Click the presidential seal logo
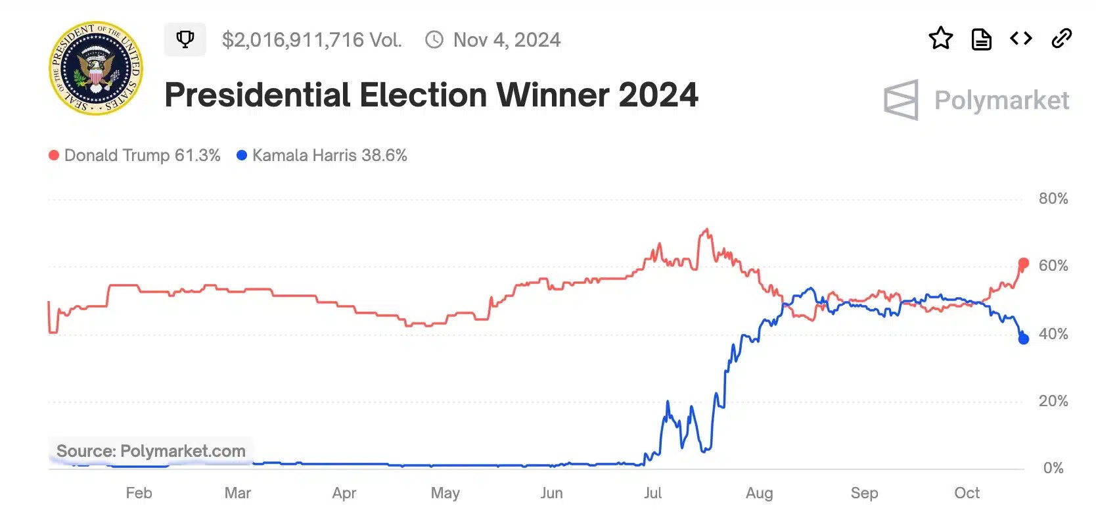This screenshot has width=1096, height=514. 96,68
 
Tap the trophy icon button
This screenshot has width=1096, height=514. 185,39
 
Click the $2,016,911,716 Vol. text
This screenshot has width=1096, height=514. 311,40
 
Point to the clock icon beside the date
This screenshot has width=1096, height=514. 434,40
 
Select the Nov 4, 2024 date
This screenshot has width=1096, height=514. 507,40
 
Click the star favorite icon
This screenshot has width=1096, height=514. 940,39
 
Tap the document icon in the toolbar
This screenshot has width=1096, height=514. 981,39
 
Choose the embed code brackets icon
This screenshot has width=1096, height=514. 1020,39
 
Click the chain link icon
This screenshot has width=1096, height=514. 1061,39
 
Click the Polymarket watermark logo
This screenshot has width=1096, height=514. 976,100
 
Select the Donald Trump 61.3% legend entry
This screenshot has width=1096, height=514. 135,155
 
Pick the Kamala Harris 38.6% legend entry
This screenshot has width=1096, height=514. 322,155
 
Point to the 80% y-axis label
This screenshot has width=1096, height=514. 1053,199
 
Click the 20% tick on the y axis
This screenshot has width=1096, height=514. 1053,401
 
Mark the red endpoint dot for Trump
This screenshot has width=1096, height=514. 1023,264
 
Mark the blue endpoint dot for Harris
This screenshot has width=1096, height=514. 1023,339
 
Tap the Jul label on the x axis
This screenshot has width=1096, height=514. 652,493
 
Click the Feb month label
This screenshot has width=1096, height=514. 139,493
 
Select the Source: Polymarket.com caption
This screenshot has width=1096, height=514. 150,451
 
